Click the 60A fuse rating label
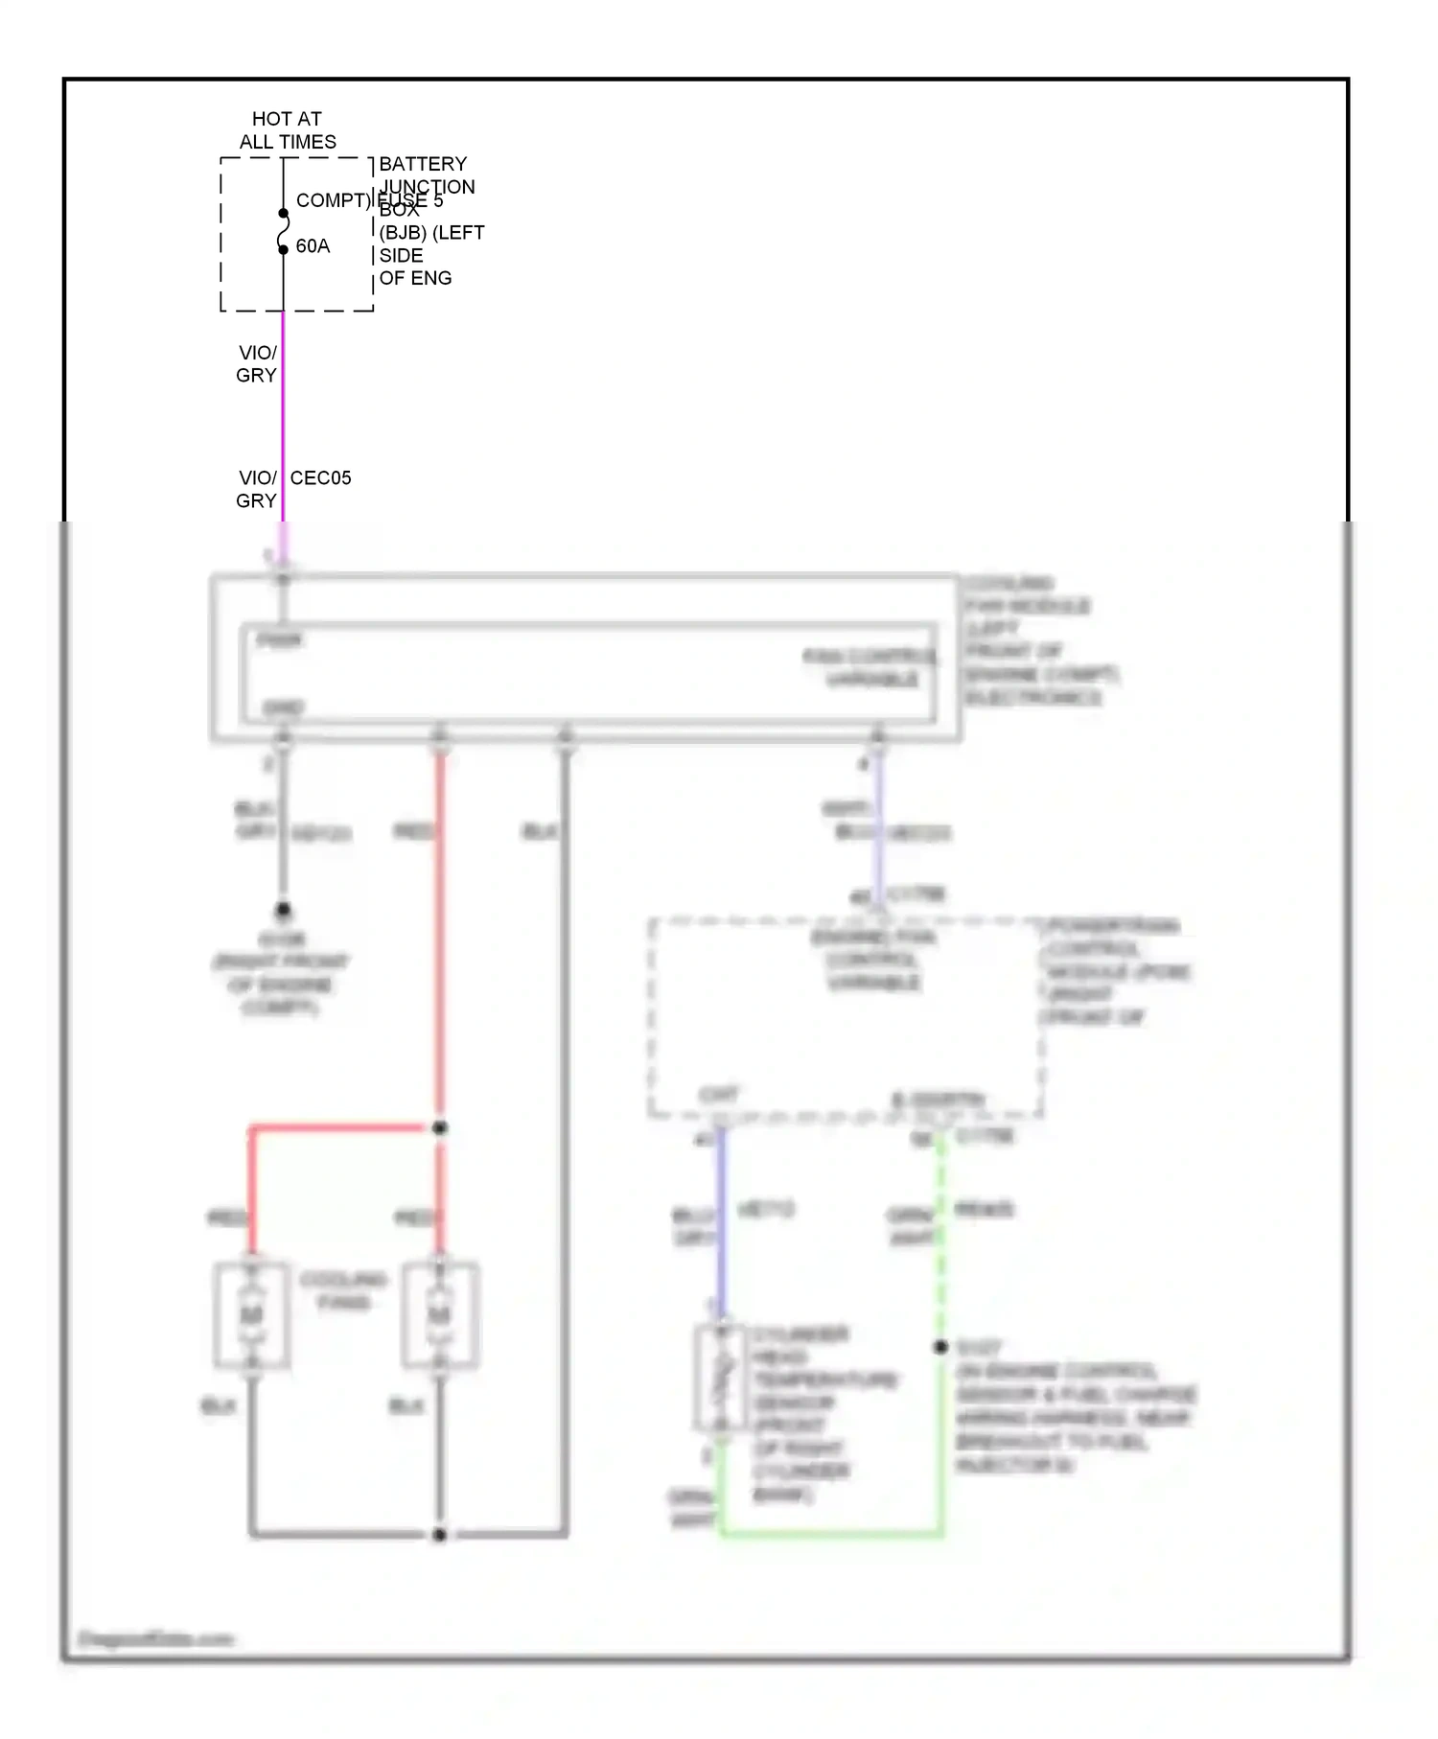[313, 246]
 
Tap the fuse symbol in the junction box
[283, 231]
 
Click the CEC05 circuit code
[320, 477]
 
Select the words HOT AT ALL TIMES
[288, 130]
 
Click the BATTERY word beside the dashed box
[423, 164]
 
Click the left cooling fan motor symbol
[251, 1314]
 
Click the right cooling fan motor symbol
[440, 1314]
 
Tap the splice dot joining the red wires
[440, 1128]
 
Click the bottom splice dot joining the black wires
[440, 1535]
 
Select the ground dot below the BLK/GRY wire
[283, 909]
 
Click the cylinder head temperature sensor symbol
[721, 1379]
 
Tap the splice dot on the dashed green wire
[941, 1347]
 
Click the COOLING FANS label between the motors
[343, 1290]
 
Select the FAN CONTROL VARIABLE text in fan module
[870, 667]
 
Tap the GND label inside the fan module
[283, 707]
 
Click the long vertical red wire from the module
[440, 939]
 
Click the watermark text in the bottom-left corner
[155, 1639]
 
